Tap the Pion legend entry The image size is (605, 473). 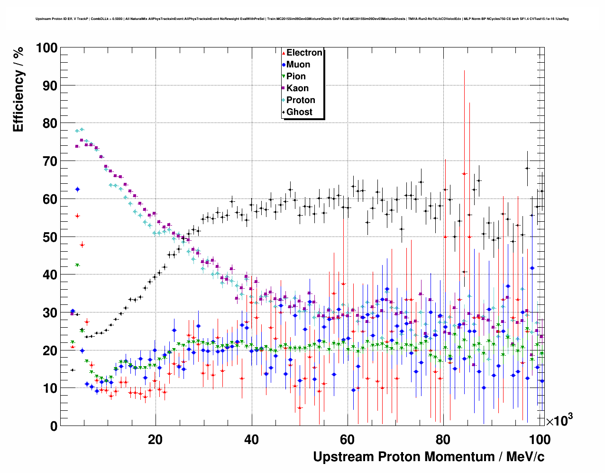point(296,76)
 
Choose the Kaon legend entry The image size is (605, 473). point(297,88)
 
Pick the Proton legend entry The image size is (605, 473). point(301,100)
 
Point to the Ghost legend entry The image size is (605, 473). point(299,112)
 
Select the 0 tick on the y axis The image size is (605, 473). point(54,426)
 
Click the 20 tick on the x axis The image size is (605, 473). point(155,439)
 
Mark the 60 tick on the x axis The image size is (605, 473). point(348,439)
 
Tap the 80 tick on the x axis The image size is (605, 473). point(444,439)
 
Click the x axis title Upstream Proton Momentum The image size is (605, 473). point(429,457)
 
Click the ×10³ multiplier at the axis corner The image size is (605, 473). point(559,420)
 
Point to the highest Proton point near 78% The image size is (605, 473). point(82,129)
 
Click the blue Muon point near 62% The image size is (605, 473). point(77,189)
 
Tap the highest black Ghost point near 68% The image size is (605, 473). point(527,168)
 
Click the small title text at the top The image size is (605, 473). point(302,19)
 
